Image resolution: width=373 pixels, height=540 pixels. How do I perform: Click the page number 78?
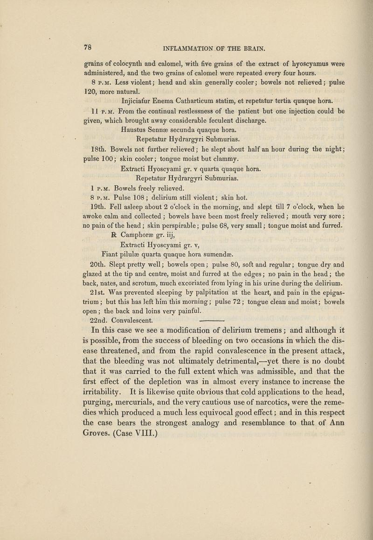87,47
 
